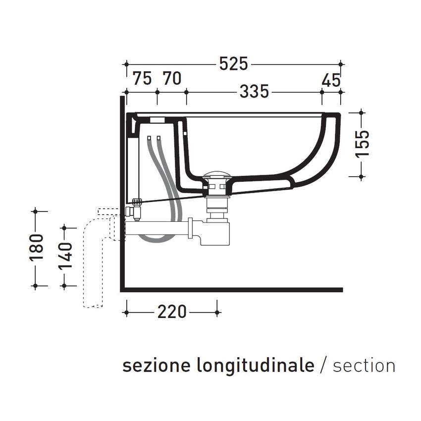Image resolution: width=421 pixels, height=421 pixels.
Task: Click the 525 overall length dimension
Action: pos(233,64)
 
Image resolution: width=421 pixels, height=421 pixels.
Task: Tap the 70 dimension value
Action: pos(171,79)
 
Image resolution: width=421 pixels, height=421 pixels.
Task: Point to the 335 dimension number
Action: pos(254,92)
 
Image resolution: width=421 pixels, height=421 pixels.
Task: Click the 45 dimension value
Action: pos(331,79)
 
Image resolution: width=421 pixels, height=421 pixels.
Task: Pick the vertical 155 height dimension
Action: pos(363,144)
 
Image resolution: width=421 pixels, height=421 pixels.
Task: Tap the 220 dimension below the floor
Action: pos(172,312)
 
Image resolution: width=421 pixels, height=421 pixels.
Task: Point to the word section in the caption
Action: pos(364,366)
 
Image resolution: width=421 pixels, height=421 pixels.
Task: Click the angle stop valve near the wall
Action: pos(134,211)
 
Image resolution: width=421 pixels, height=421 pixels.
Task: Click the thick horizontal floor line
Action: pos(233,290)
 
